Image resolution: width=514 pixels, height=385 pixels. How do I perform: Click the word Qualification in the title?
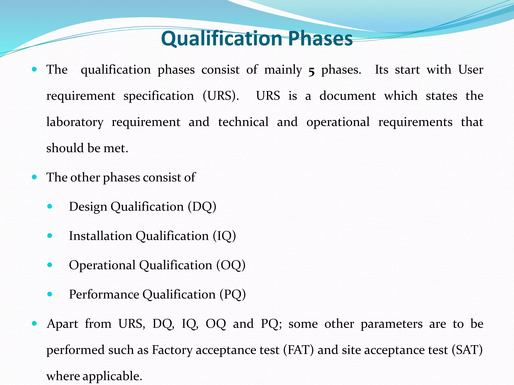222,39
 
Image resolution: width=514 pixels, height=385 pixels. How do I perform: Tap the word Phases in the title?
320,39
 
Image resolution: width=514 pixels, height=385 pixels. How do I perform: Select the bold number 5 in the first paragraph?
311,71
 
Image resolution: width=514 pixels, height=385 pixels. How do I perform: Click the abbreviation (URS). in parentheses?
221,96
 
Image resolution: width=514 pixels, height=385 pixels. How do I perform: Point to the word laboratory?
75,122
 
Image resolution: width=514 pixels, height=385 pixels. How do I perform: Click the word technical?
243,122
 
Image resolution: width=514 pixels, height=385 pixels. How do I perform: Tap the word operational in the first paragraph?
338,122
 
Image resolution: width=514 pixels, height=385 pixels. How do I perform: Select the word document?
348,96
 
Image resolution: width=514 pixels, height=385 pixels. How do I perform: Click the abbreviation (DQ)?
202,207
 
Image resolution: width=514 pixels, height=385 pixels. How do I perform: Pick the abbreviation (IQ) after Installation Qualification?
224,236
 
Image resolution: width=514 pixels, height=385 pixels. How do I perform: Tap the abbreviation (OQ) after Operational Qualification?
231,265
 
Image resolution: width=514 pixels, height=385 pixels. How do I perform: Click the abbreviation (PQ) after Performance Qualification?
233,295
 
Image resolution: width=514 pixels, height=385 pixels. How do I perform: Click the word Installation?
100,236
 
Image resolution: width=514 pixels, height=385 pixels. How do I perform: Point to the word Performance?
104,295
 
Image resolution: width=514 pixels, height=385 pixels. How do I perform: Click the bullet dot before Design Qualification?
50,207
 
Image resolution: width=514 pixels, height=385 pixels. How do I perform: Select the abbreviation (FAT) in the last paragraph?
298,350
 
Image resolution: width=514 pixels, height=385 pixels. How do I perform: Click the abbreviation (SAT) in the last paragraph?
467,350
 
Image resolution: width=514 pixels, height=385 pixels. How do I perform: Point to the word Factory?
172,350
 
